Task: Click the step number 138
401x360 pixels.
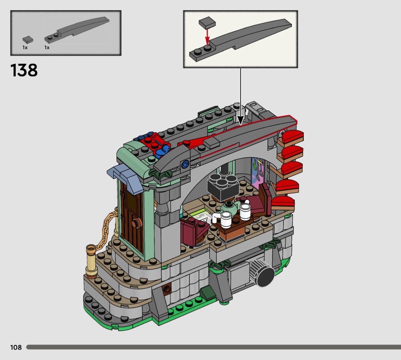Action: pos(24,70)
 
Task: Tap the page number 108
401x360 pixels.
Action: pos(16,347)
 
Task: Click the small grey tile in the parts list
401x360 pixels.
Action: pos(28,40)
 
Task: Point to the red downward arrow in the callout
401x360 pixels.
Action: pos(207,36)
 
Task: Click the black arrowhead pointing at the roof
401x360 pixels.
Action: pos(241,120)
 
